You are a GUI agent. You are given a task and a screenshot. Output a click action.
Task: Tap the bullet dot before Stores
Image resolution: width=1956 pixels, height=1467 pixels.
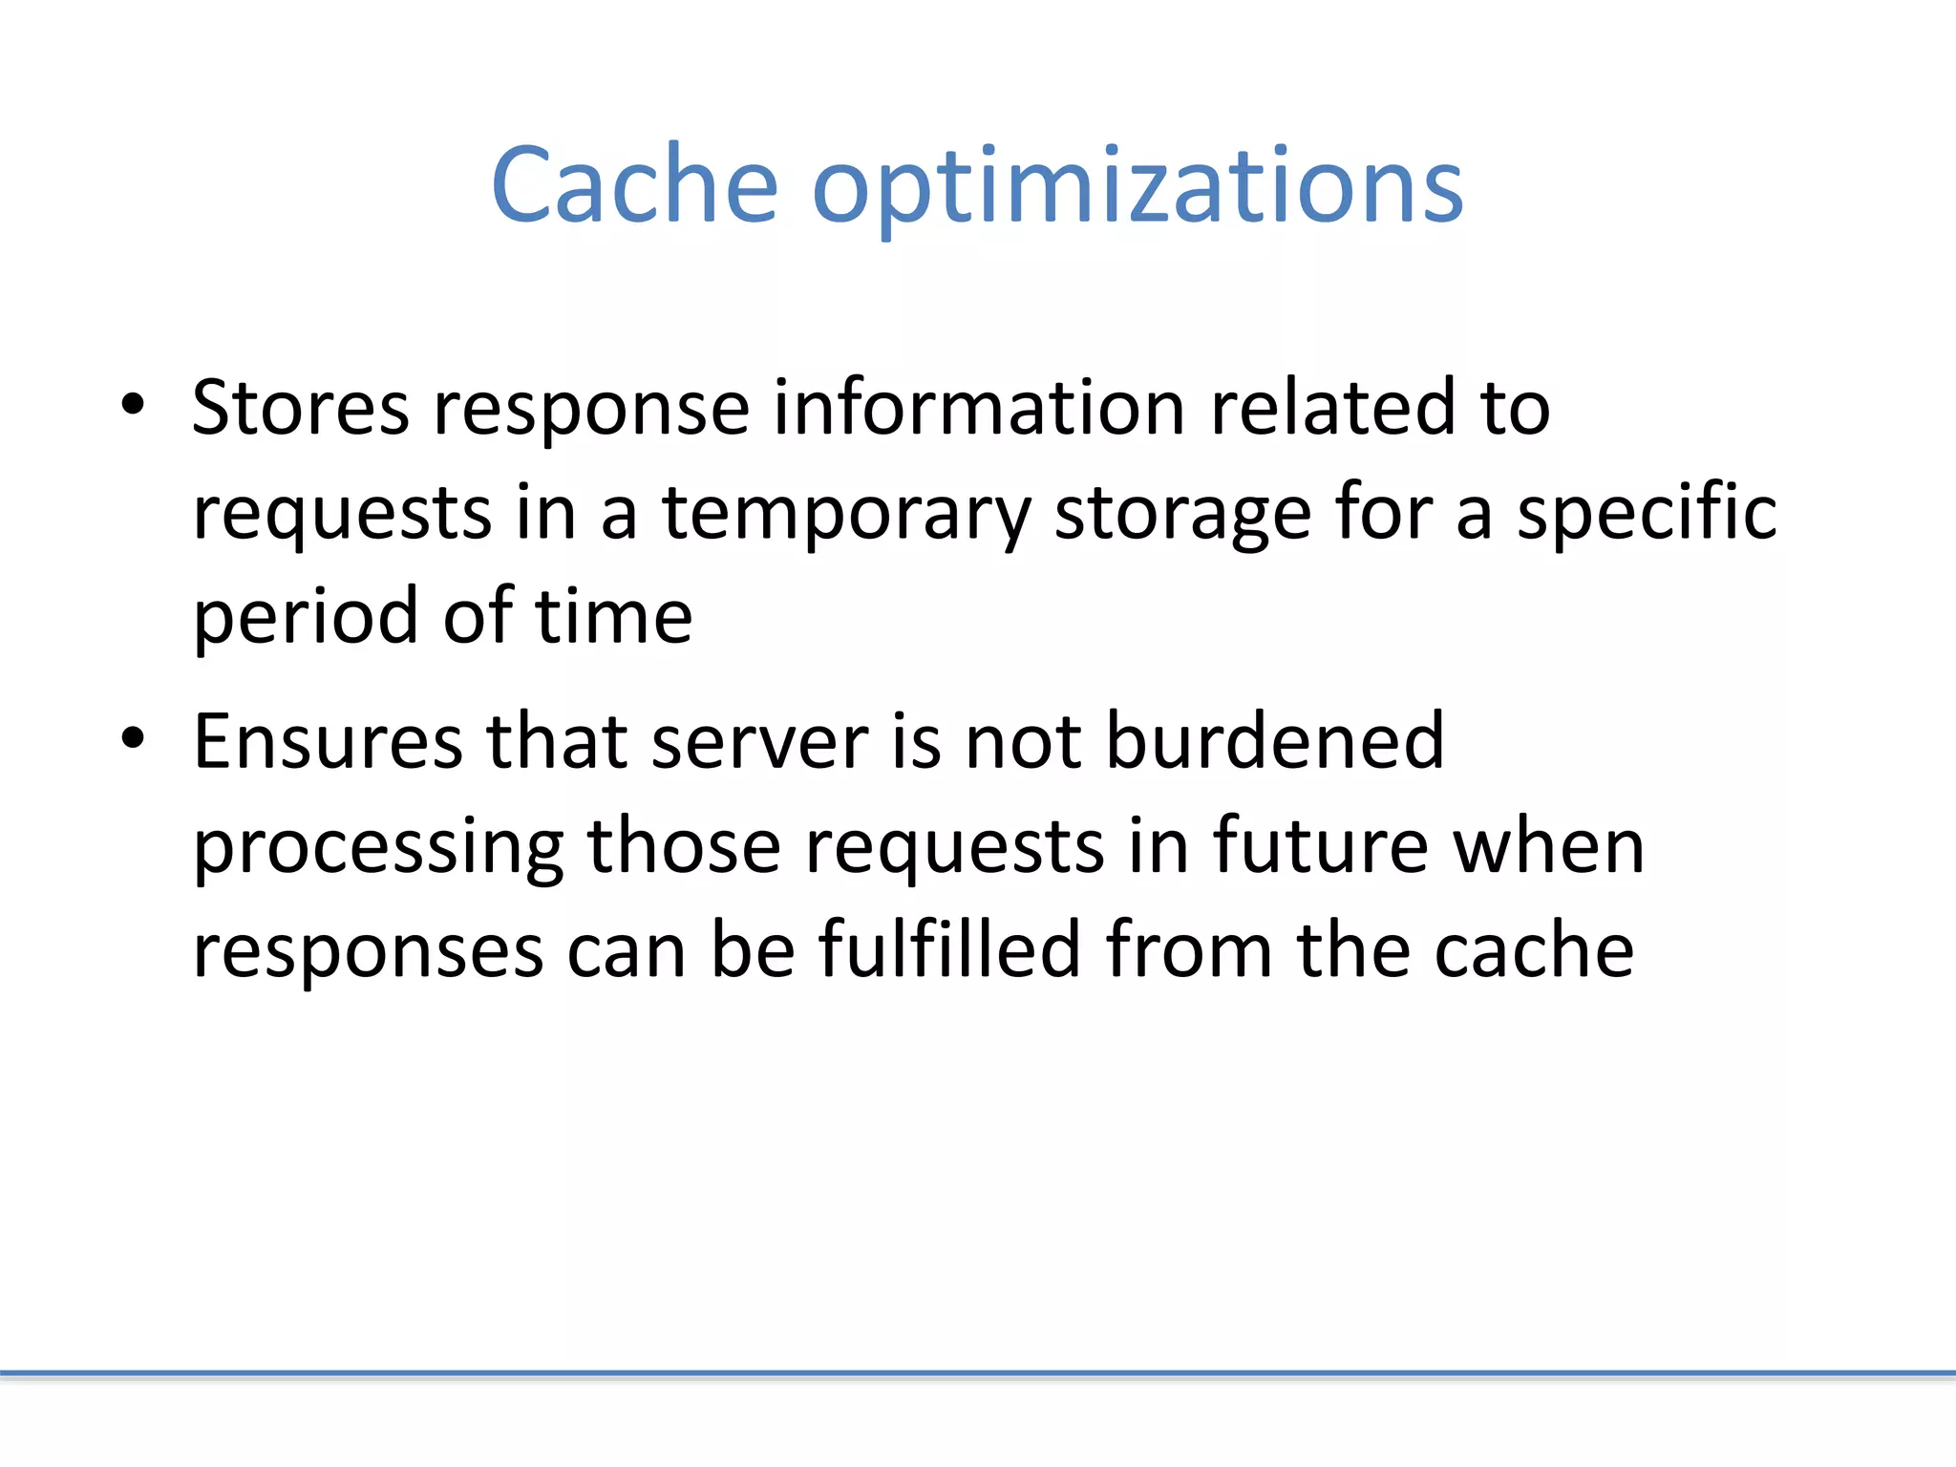pyautogui.click(x=133, y=404)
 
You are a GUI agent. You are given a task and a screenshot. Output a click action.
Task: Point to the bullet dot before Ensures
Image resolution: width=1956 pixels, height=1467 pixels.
pyautogui.click(x=133, y=737)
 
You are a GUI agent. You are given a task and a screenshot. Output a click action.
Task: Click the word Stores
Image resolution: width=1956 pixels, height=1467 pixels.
pyautogui.click(x=301, y=408)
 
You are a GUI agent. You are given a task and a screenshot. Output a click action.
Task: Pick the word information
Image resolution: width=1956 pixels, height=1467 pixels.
pyautogui.click(x=979, y=408)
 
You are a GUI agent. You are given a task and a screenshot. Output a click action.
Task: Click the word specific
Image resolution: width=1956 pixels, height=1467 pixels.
pyautogui.click(x=1647, y=513)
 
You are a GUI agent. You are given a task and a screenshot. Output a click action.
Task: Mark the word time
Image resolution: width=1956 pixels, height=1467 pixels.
pyautogui.click(x=613, y=617)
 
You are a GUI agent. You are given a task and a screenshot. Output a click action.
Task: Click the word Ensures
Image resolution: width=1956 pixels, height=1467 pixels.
pyautogui.click(x=328, y=741)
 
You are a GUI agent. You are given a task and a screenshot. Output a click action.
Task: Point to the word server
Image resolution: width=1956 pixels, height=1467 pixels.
pyautogui.click(x=759, y=743)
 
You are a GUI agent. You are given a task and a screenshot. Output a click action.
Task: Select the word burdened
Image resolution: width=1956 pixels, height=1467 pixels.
pyautogui.click(x=1275, y=741)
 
